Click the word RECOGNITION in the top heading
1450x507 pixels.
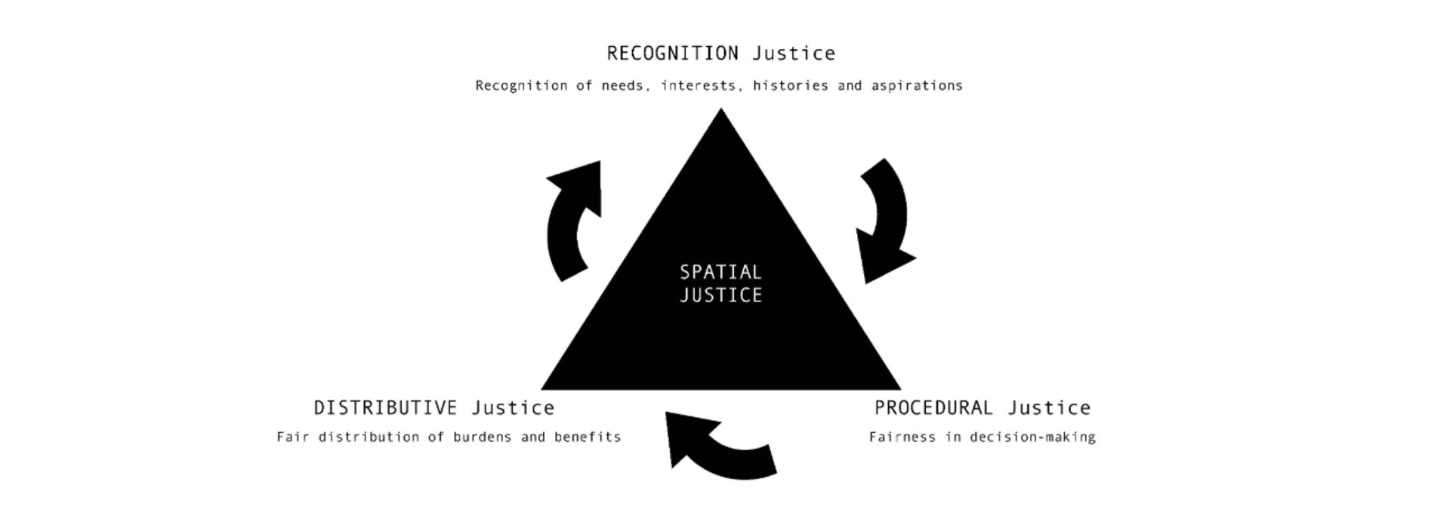pos(672,54)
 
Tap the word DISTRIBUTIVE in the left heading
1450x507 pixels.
pos(385,408)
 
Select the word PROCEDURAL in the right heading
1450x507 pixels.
pos(933,408)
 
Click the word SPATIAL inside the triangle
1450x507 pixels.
pos(720,272)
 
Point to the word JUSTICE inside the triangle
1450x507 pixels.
pos(720,295)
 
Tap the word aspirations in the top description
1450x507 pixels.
pos(917,86)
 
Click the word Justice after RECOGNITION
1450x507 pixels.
pos(794,54)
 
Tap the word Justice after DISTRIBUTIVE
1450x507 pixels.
pos(513,408)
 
